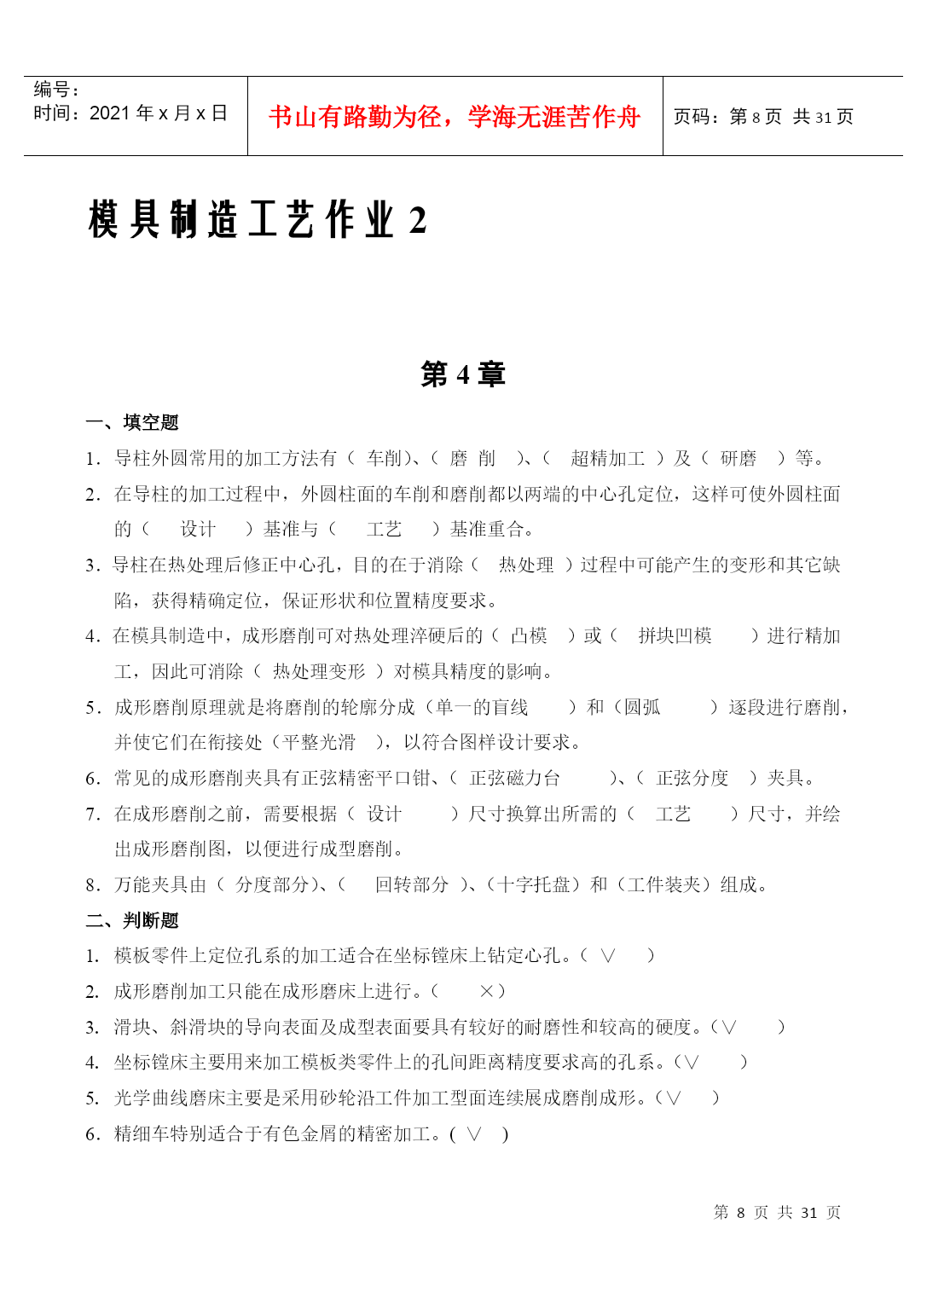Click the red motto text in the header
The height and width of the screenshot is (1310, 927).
pos(454,117)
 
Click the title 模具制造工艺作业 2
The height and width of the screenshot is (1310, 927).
pos(257,220)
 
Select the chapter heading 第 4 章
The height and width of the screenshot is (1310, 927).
pos(463,374)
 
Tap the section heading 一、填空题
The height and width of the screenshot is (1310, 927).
pos(132,422)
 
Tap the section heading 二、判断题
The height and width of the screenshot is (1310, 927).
pos(132,920)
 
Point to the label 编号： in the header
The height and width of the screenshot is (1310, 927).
pos(56,90)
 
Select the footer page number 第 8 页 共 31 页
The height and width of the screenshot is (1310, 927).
pos(777,1212)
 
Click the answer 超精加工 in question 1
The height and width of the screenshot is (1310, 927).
pos(607,459)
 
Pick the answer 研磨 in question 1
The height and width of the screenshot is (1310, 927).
pos(738,459)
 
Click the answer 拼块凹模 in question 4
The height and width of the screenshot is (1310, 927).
pos(675,636)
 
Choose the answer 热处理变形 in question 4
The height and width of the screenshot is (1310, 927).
pos(319,672)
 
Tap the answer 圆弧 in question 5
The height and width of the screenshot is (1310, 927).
pos(642,707)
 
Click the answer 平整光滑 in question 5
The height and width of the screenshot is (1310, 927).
pos(319,743)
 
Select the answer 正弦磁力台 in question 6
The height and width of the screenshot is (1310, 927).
pos(515,778)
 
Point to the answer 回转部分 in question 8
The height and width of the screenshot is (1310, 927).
pos(412,884)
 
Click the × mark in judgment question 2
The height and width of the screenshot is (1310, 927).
pos(487,991)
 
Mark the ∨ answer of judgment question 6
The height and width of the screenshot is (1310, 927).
pos(474,1133)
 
